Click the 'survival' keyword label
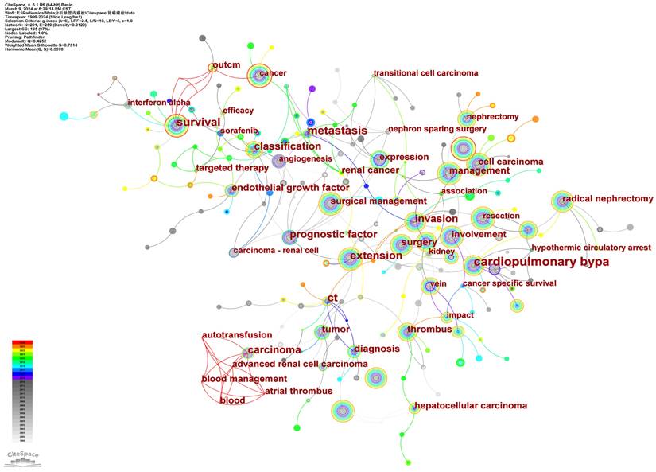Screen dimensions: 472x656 (197, 122)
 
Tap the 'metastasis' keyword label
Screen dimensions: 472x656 (337, 131)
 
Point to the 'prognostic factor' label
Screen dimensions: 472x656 (333, 235)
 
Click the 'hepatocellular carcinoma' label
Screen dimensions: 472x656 (469, 406)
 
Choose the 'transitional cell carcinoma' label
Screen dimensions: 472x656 (426, 73)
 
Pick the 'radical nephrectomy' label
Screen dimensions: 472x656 (607, 198)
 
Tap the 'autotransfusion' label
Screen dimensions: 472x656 (237, 335)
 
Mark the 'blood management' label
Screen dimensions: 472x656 (244, 379)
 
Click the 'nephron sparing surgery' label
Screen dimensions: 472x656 (437, 129)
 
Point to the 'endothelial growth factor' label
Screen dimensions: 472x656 (290, 189)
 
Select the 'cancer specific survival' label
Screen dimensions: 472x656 (509, 283)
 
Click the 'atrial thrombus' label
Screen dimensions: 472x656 (299, 391)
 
